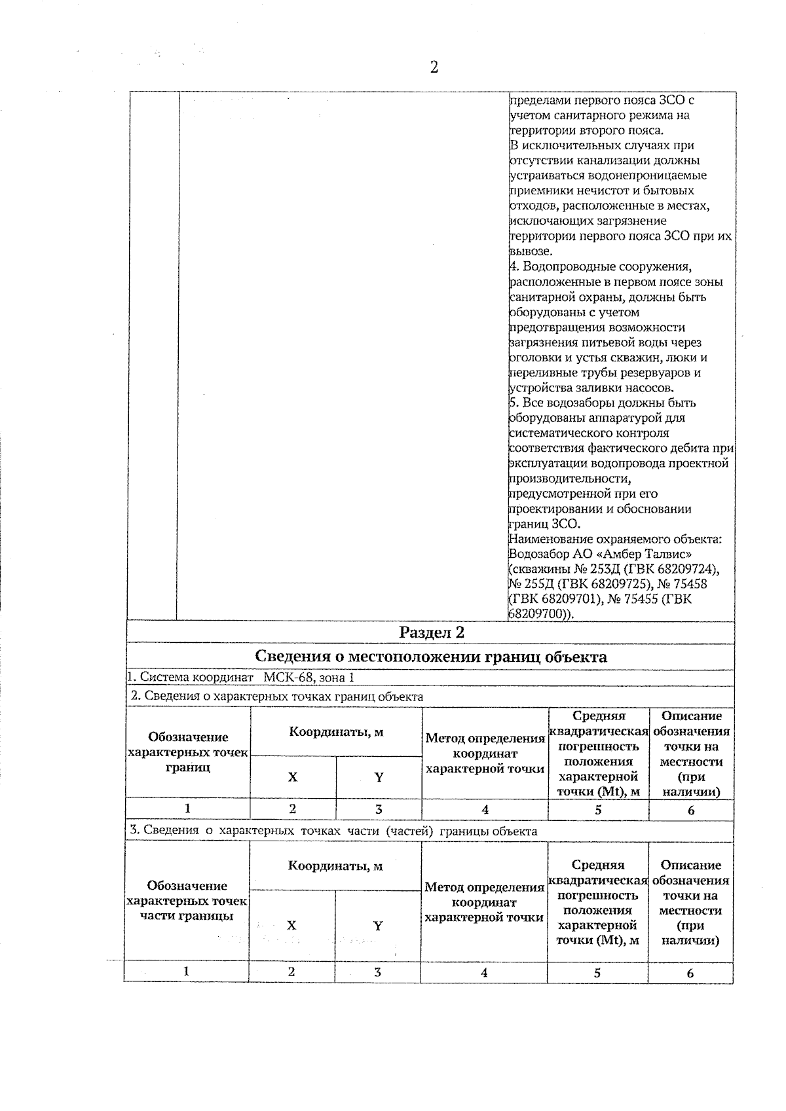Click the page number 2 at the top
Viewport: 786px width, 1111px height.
434,67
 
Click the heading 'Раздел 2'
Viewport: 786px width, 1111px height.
432,632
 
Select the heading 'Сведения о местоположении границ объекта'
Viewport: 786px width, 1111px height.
430,657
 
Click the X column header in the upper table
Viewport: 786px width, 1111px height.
293,777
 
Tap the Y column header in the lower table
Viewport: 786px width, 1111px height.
378,926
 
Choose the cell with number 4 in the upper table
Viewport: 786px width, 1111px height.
485,810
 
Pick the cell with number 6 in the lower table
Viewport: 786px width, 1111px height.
690,973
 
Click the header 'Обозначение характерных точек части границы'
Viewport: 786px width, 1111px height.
187,901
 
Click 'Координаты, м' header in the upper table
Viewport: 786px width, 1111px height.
336,732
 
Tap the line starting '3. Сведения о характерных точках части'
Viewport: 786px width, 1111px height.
334,831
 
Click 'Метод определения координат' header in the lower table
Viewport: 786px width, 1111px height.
485,902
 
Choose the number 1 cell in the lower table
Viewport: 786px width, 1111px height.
187,972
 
